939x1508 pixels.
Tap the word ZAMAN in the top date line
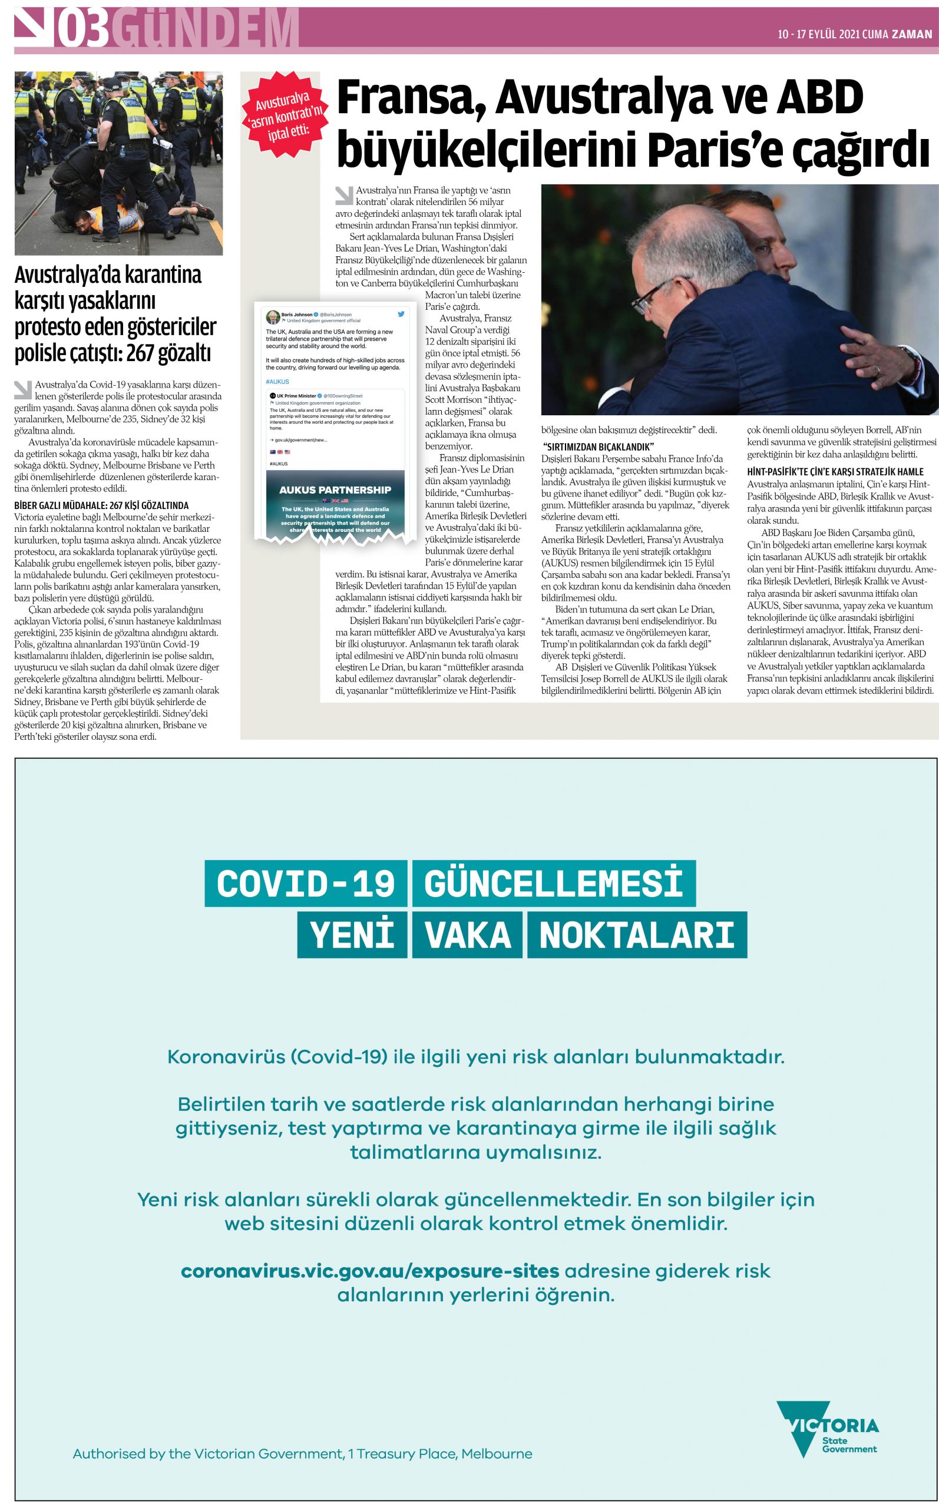[x=912, y=34]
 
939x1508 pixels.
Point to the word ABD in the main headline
[x=821, y=98]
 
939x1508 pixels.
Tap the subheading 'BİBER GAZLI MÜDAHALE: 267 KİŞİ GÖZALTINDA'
[x=101, y=505]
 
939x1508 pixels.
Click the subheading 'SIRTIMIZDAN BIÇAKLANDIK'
[x=598, y=447]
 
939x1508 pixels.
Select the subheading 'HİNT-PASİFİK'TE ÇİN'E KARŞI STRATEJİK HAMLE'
[x=835, y=471]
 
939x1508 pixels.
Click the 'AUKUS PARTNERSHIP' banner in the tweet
[x=335, y=490]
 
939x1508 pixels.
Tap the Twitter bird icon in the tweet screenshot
[x=401, y=314]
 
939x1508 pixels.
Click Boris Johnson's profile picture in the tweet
[x=273, y=318]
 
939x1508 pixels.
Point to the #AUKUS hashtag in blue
[x=277, y=382]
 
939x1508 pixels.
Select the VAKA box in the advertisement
[x=468, y=934]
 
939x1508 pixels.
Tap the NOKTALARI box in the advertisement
[x=637, y=934]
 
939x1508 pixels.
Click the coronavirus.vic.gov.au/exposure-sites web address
[x=369, y=1271]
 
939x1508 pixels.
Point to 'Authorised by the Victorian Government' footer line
[x=302, y=1453]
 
